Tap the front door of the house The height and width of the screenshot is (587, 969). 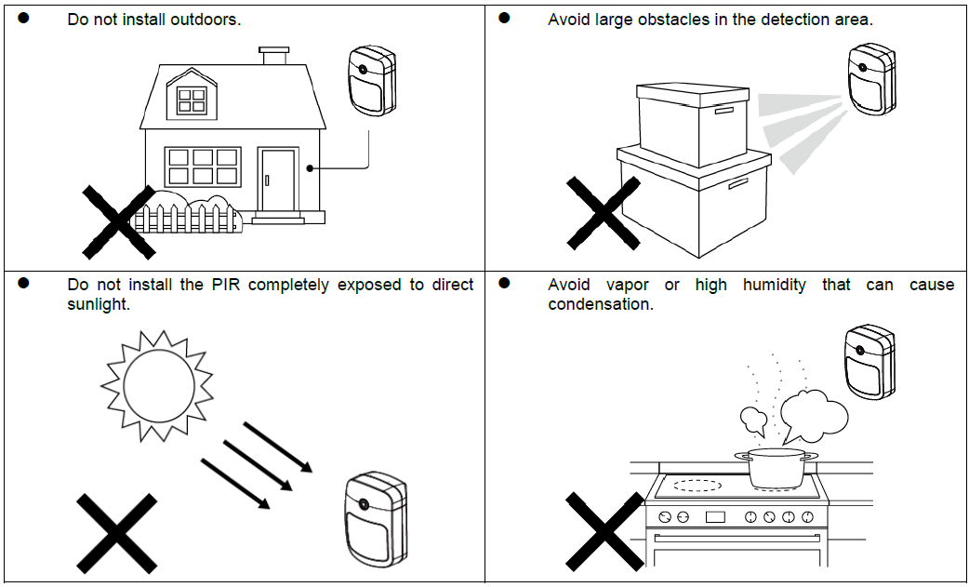[x=278, y=180]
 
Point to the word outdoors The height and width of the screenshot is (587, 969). [x=206, y=19]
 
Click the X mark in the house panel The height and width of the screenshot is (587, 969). [x=118, y=221]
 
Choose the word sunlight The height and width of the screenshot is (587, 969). [x=98, y=304]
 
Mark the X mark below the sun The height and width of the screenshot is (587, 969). [x=116, y=532]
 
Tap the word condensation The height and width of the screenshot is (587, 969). [x=601, y=304]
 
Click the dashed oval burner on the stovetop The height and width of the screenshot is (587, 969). [x=697, y=485]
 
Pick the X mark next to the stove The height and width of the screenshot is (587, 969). [x=604, y=531]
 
